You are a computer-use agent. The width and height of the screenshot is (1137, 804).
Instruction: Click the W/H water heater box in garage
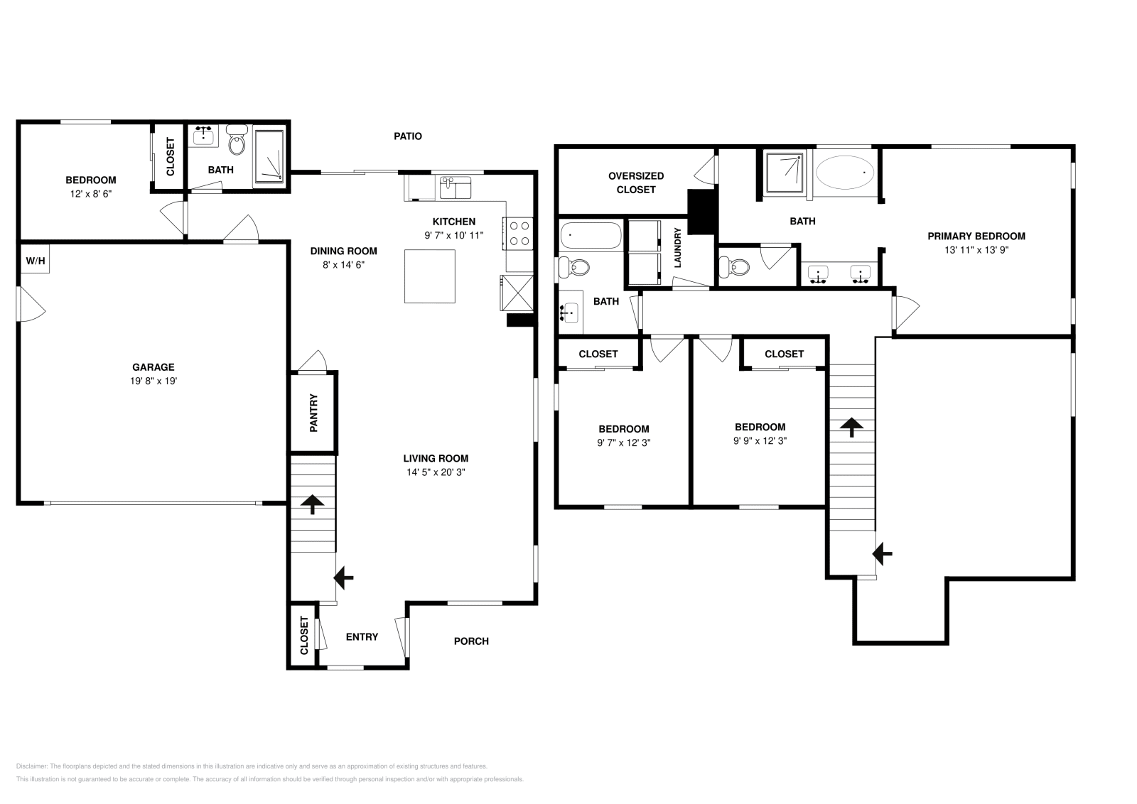35,261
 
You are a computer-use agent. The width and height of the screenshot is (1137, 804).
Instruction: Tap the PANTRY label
313,413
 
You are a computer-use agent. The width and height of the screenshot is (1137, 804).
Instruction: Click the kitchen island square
429,276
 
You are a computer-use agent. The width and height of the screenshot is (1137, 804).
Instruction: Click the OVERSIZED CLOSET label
636,183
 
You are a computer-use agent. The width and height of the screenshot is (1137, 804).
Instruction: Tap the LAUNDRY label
677,248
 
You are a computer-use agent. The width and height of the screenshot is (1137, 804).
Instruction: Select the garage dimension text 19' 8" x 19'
153,381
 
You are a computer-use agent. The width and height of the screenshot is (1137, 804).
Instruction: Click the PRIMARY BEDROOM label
976,236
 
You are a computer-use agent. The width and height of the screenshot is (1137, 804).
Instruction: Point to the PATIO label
408,136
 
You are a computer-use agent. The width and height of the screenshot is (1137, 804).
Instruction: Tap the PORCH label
471,641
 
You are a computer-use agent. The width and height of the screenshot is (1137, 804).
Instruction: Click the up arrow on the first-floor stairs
311,504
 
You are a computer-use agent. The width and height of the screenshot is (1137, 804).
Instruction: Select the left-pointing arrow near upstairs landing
883,553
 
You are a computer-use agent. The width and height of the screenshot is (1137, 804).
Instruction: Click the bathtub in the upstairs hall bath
590,235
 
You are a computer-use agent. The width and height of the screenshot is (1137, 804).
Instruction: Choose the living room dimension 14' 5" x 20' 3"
436,472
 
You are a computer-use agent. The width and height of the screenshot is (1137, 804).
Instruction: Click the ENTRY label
362,636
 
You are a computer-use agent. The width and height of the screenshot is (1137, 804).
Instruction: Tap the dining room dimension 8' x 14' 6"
343,264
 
